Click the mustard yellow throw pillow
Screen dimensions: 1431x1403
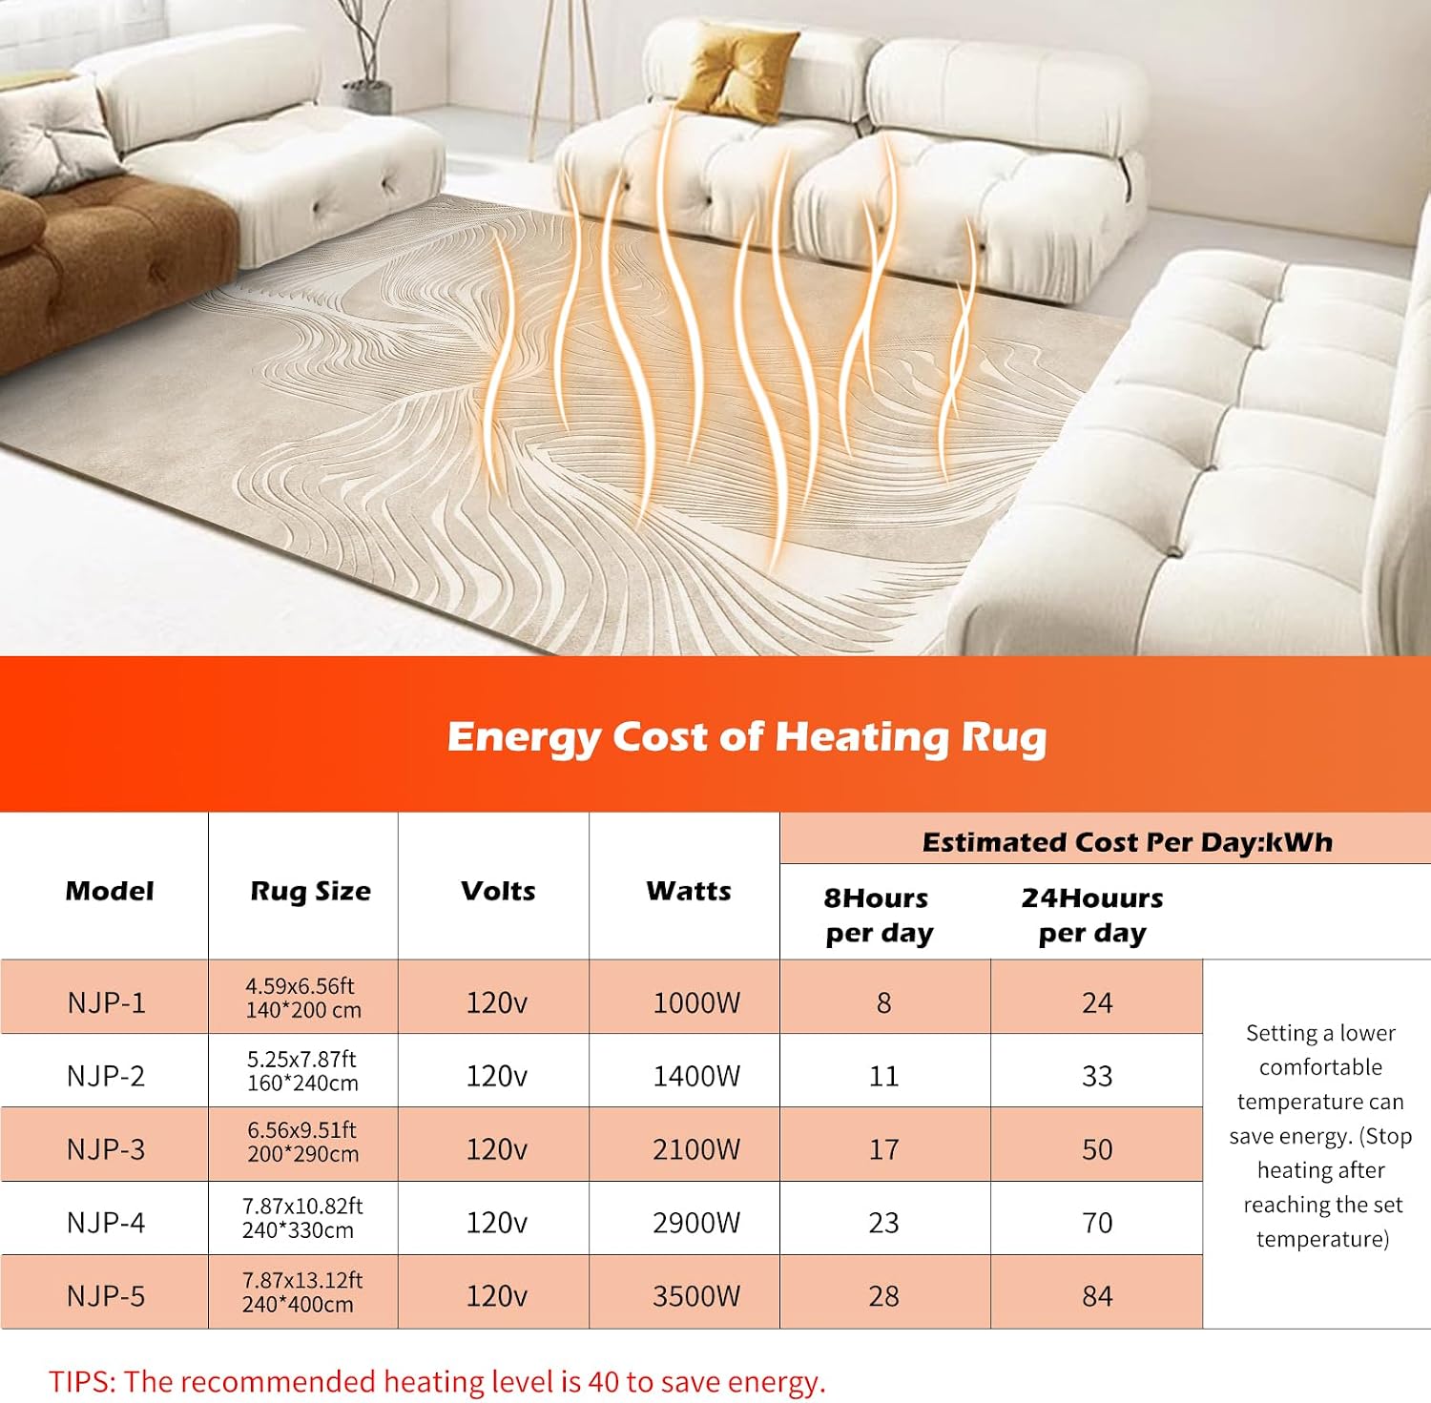[736, 67]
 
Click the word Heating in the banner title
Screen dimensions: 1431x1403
[862, 738]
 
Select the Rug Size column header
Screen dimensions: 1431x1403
[310, 892]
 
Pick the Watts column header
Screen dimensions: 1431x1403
[689, 891]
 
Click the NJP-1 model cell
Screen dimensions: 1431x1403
[106, 1002]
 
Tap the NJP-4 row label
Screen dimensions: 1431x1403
[106, 1223]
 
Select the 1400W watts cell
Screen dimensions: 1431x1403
[696, 1076]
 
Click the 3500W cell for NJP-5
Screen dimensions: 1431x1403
[696, 1296]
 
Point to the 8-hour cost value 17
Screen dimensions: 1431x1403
[883, 1149]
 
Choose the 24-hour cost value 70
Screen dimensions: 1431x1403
[1097, 1223]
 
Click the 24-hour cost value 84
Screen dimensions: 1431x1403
[1097, 1296]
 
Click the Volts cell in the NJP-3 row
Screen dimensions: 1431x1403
[496, 1149]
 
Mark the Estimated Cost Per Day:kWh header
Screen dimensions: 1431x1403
[1127, 842]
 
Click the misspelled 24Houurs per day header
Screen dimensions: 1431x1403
[1092, 916]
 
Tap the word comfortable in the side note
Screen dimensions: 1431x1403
[1320, 1067]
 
